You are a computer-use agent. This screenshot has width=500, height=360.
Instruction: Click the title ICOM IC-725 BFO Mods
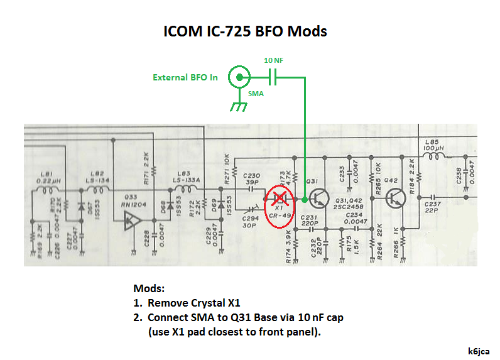(x=245, y=31)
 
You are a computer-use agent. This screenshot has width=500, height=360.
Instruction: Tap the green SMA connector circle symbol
(x=239, y=78)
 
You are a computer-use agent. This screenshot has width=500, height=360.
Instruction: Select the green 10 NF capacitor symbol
(x=273, y=78)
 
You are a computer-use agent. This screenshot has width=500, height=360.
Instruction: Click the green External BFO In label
(x=185, y=78)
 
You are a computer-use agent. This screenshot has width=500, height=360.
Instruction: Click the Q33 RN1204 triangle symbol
(x=132, y=219)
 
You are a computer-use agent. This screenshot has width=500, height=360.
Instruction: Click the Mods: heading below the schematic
(x=148, y=289)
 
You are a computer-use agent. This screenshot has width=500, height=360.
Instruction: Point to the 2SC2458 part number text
(x=349, y=207)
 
